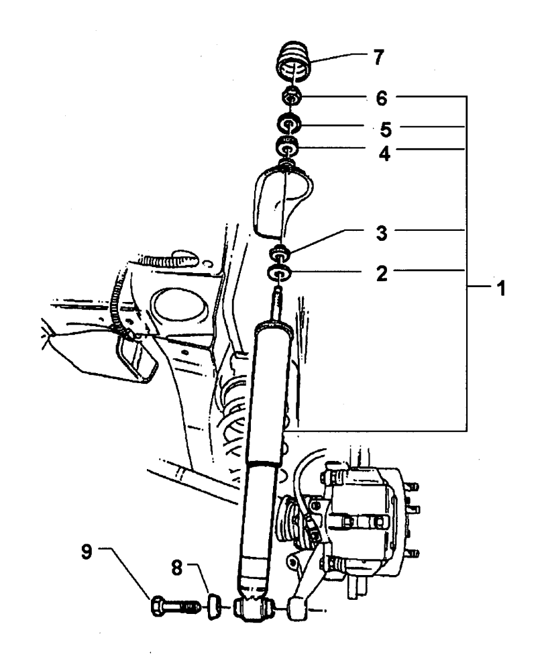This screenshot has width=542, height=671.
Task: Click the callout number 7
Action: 378,57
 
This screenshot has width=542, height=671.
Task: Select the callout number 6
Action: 382,99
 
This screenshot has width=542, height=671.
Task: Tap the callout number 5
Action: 386,130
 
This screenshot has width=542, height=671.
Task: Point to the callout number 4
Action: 384,153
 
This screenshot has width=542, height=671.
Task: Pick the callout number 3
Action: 382,234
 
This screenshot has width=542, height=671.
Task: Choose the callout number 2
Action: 382,273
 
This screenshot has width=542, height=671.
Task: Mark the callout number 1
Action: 501,289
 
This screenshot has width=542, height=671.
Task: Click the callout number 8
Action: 176,568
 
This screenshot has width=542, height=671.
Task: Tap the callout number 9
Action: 87,552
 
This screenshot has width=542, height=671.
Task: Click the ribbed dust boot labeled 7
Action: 292,61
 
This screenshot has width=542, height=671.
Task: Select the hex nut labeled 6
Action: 292,97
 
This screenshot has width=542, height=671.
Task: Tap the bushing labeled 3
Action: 280,252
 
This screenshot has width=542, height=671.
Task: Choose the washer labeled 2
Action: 279,272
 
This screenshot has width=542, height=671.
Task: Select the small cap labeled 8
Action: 214,606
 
